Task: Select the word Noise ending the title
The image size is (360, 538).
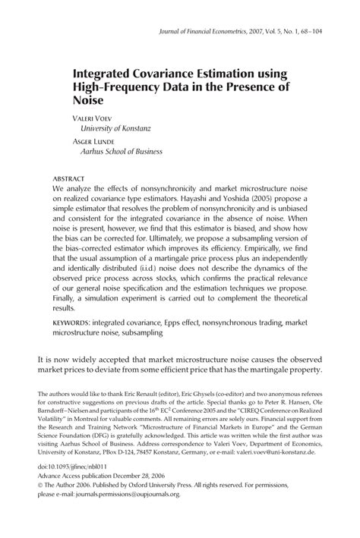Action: [89, 99]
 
